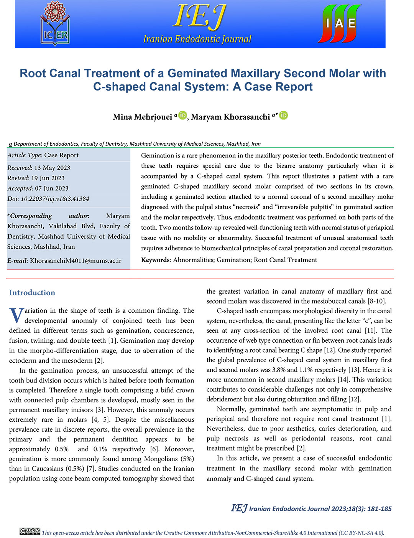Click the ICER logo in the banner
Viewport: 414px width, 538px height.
[x=56, y=24]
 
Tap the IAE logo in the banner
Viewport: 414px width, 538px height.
[x=339, y=24]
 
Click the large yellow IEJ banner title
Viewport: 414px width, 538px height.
[x=199, y=17]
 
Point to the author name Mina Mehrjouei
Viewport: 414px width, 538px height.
[x=142, y=117]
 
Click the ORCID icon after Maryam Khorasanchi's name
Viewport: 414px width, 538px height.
[x=283, y=115]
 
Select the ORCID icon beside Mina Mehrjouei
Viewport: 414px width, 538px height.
[x=182, y=115]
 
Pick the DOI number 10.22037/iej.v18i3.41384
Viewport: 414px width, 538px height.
[x=55, y=199]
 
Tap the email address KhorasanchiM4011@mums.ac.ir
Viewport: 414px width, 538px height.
[x=76, y=261]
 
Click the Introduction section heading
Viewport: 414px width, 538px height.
[x=32, y=292]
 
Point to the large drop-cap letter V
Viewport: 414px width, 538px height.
[x=16, y=315]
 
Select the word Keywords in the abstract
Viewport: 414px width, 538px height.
[x=155, y=260]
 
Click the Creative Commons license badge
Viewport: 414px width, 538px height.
[x=30, y=531]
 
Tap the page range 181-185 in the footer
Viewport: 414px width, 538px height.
[x=379, y=509]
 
